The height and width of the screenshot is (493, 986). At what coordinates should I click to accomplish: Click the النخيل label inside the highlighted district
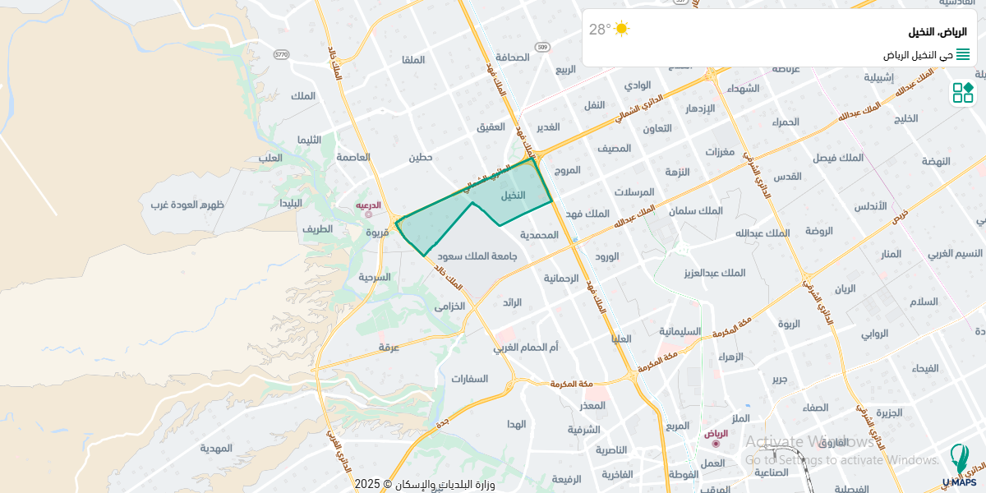click(x=513, y=196)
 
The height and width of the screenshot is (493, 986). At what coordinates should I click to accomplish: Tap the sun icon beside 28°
click(x=622, y=30)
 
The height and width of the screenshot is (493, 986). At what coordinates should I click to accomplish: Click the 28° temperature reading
click(x=600, y=30)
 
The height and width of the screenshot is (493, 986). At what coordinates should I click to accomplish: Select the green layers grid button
click(x=963, y=93)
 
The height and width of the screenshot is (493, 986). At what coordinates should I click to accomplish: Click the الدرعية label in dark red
click(x=368, y=205)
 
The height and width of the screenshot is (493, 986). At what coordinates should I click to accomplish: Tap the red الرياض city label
click(x=716, y=434)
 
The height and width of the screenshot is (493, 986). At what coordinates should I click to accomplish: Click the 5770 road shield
click(x=282, y=54)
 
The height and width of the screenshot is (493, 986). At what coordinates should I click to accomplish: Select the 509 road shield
click(x=542, y=48)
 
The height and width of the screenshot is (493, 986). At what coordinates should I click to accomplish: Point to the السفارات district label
click(x=469, y=379)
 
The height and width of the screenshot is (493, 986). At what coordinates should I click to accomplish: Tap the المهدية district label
click(x=216, y=448)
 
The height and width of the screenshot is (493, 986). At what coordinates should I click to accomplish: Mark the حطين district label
click(x=421, y=157)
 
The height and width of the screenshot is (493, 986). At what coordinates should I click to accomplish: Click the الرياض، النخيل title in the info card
click(x=938, y=31)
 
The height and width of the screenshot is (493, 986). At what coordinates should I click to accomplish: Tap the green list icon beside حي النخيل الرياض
click(x=963, y=54)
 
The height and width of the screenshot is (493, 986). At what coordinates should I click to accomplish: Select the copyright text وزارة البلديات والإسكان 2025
click(x=425, y=484)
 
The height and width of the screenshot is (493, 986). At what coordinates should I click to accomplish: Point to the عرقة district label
click(x=389, y=348)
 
